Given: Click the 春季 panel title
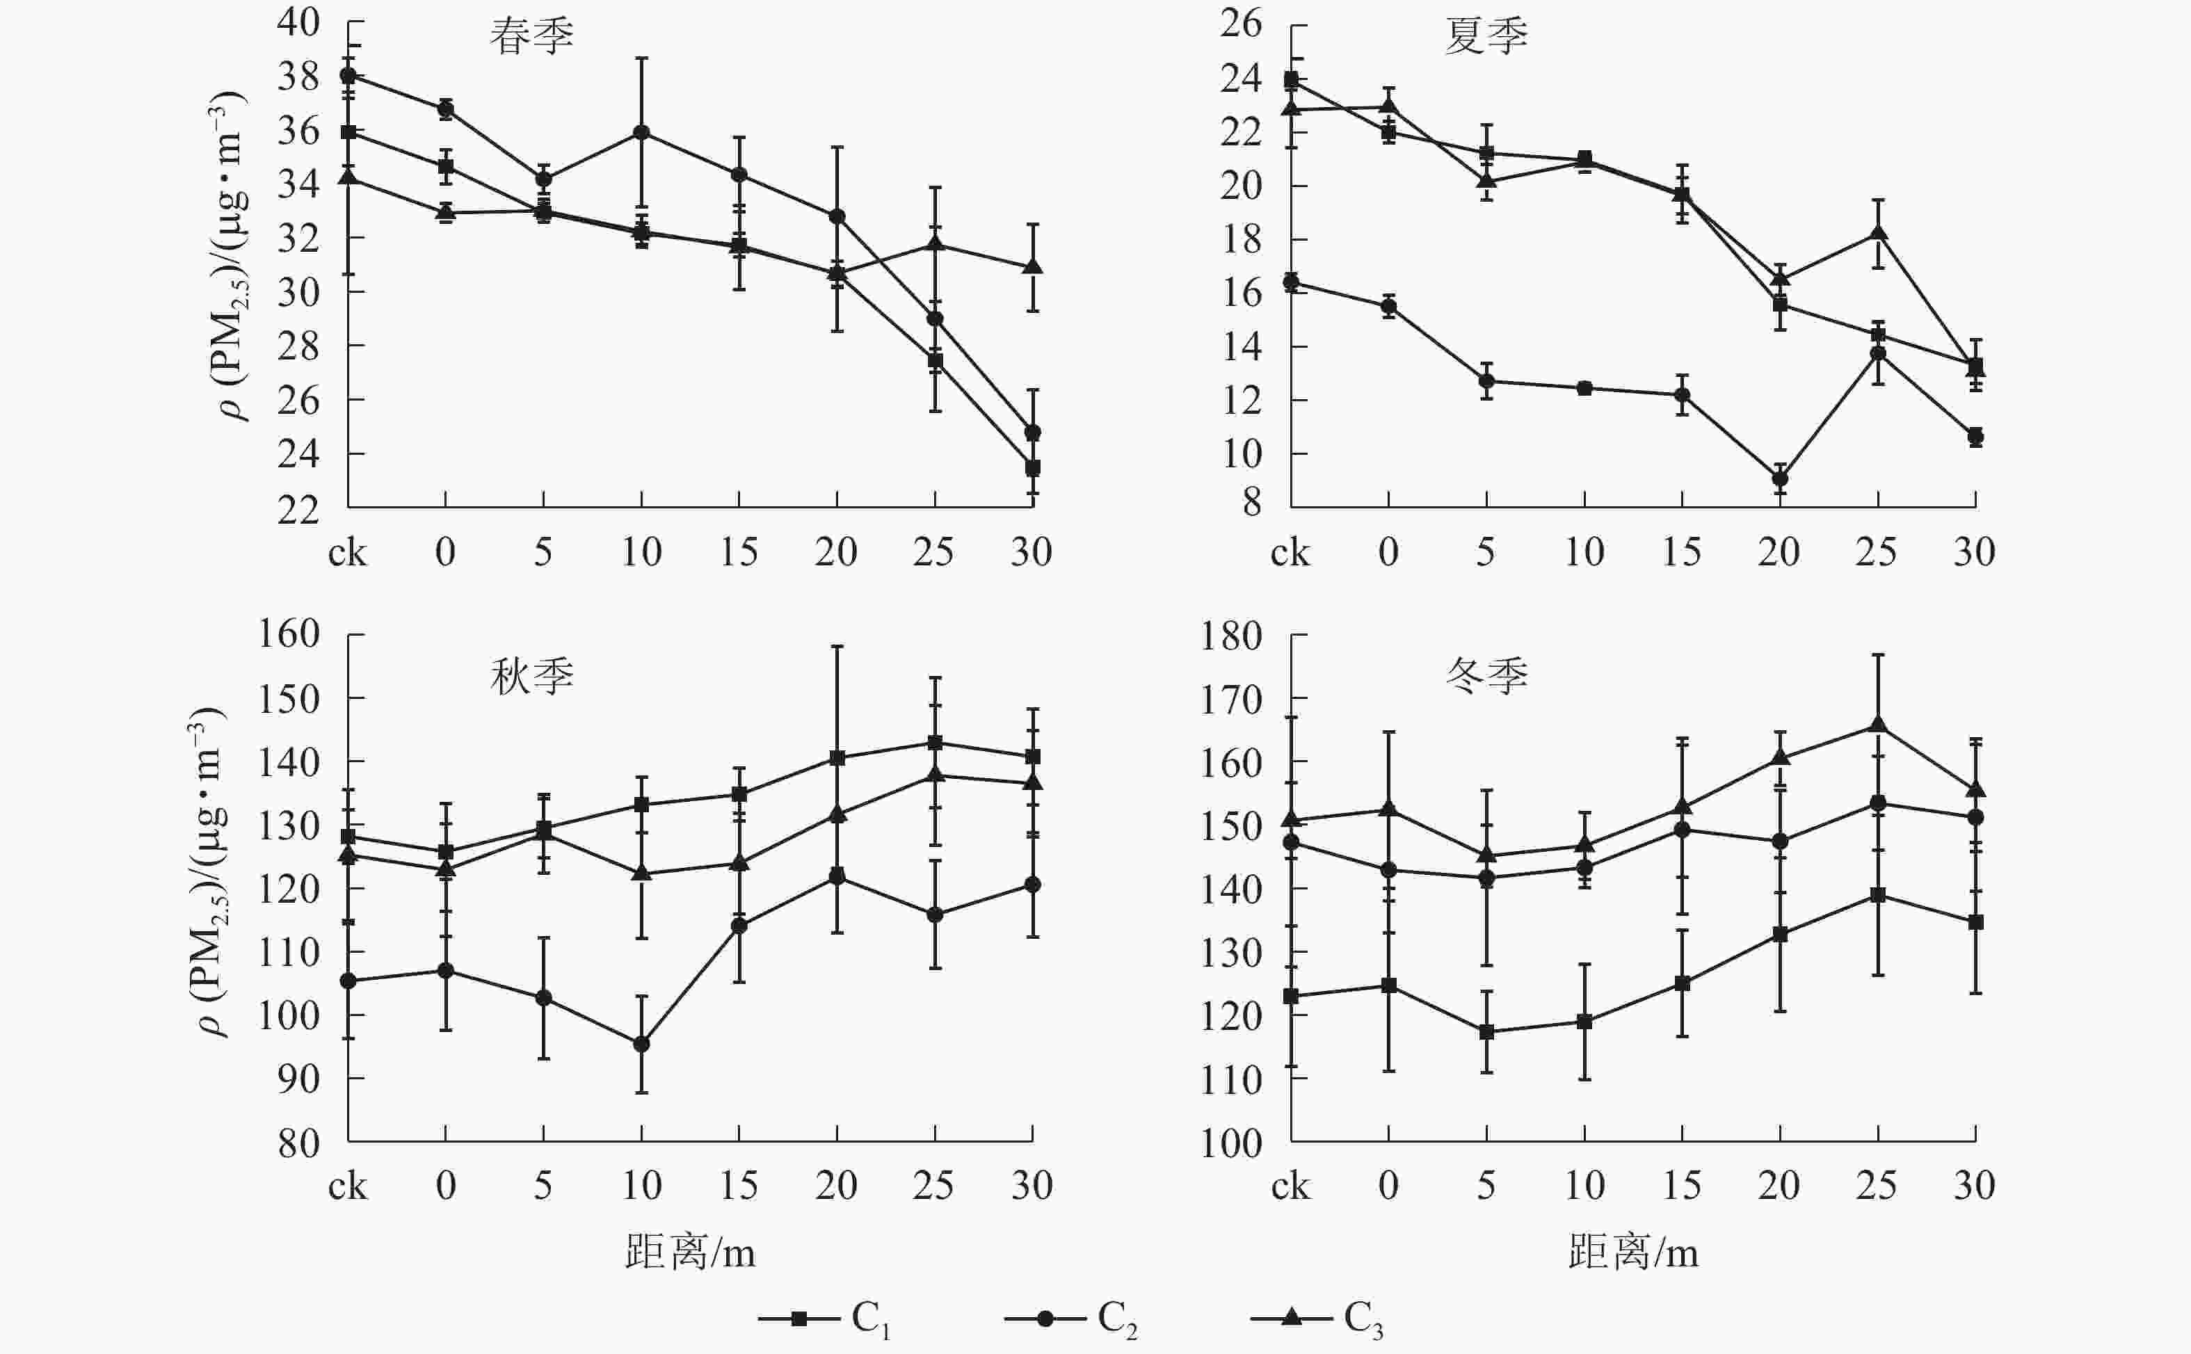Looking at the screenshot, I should (x=531, y=37).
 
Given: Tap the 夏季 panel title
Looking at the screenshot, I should (x=1486, y=37).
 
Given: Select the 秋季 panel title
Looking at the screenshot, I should (x=531, y=676).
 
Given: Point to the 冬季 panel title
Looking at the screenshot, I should (x=1486, y=676).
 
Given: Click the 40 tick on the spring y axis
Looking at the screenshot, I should (x=298, y=22).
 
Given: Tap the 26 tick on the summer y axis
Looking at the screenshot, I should (x=1240, y=23).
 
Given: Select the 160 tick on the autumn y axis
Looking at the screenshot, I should (x=289, y=634).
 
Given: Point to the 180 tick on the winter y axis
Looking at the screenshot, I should (x=1231, y=636).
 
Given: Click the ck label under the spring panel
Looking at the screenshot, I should (x=347, y=553).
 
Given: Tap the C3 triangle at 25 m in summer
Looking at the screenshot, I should (x=1877, y=234).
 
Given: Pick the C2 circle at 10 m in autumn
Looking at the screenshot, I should (x=641, y=1044).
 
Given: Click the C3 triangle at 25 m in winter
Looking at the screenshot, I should (x=1877, y=725).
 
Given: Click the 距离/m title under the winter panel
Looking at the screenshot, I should (x=1632, y=1252).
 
